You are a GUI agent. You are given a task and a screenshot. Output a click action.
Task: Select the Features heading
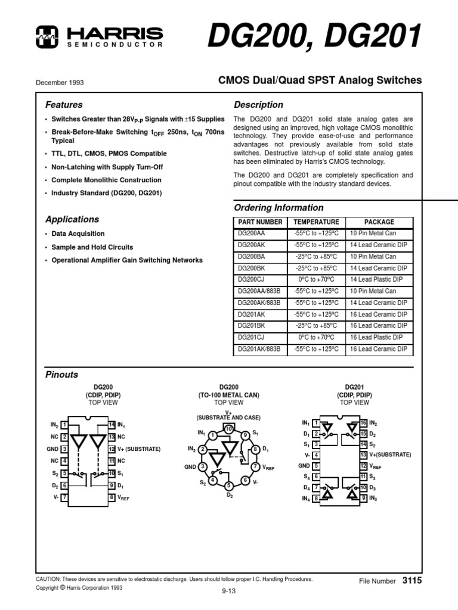pos(64,105)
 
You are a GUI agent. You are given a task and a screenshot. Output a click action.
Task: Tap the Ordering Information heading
pos(278,208)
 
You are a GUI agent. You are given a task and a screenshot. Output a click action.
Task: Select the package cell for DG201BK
pos(379,326)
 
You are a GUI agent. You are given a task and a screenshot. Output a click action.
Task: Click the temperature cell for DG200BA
pos(316,257)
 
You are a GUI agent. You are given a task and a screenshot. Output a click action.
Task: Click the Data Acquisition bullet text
pos(78,234)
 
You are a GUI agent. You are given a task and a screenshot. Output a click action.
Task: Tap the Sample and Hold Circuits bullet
pos(92,247)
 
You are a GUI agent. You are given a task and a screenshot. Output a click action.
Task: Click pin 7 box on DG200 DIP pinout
pos(64,497)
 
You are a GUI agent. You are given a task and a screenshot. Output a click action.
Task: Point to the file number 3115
pos(412,580)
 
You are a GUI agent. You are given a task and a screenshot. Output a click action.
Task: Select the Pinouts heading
pos(62,375)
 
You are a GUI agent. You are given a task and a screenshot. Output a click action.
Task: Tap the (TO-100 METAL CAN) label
pos(228,395)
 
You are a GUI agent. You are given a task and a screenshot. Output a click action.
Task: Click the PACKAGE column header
pos(379,222)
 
